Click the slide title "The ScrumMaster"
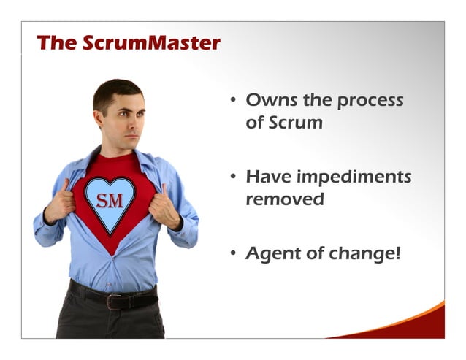click(128, 43)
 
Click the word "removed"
click(284, 199)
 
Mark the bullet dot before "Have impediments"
click(232, 177)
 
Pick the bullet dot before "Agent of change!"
click(232, 254)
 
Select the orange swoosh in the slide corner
click(417, 322)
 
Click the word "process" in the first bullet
click(369, 101)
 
